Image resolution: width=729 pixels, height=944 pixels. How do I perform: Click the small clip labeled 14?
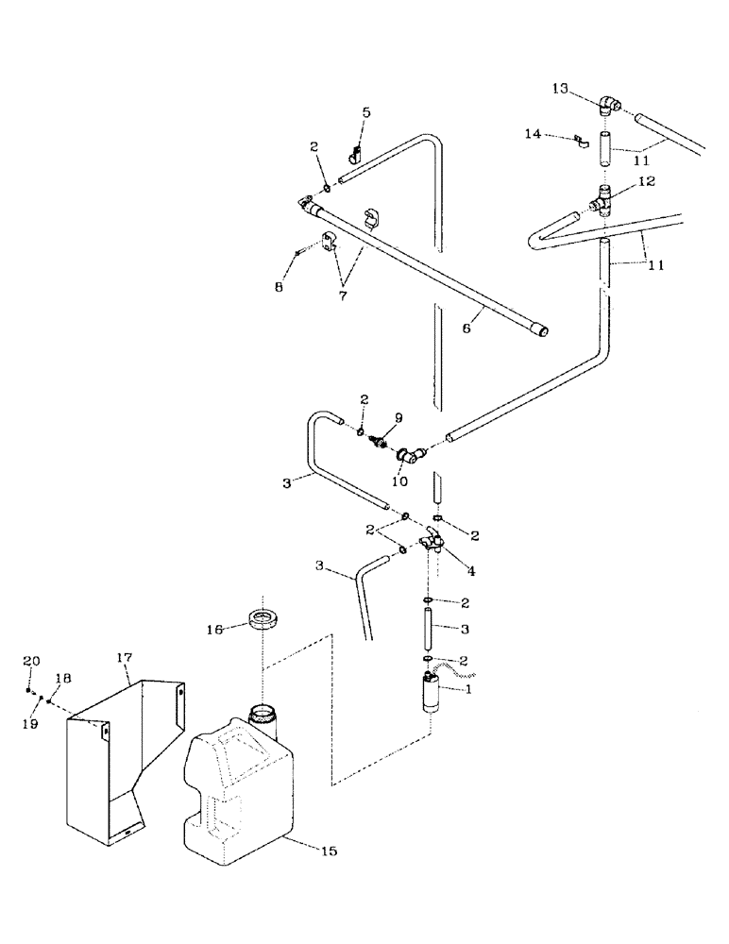click(x=580, y=143)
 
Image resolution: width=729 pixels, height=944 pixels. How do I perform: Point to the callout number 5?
click(x=366, y=112)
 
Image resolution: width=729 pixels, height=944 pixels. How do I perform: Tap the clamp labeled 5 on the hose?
click(x=357, y=150)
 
